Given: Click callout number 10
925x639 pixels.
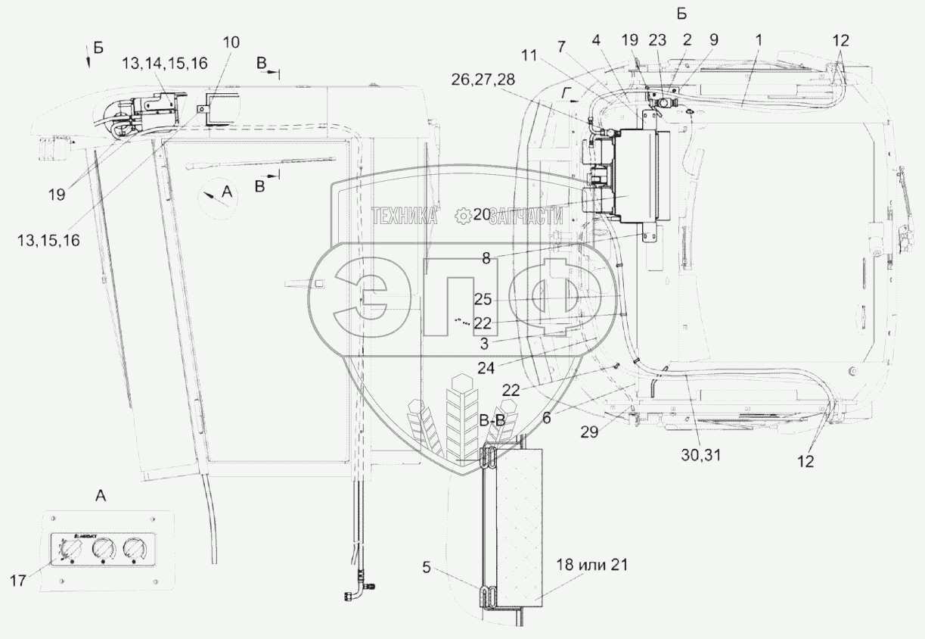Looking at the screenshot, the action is pos(231,42).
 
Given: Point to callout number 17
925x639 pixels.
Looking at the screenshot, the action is pos(19,581).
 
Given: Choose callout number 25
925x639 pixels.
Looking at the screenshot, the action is pos(483,298).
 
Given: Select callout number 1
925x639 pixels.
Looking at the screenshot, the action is pos(759,38).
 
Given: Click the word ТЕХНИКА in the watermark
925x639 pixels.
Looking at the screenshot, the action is pos(405,216).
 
